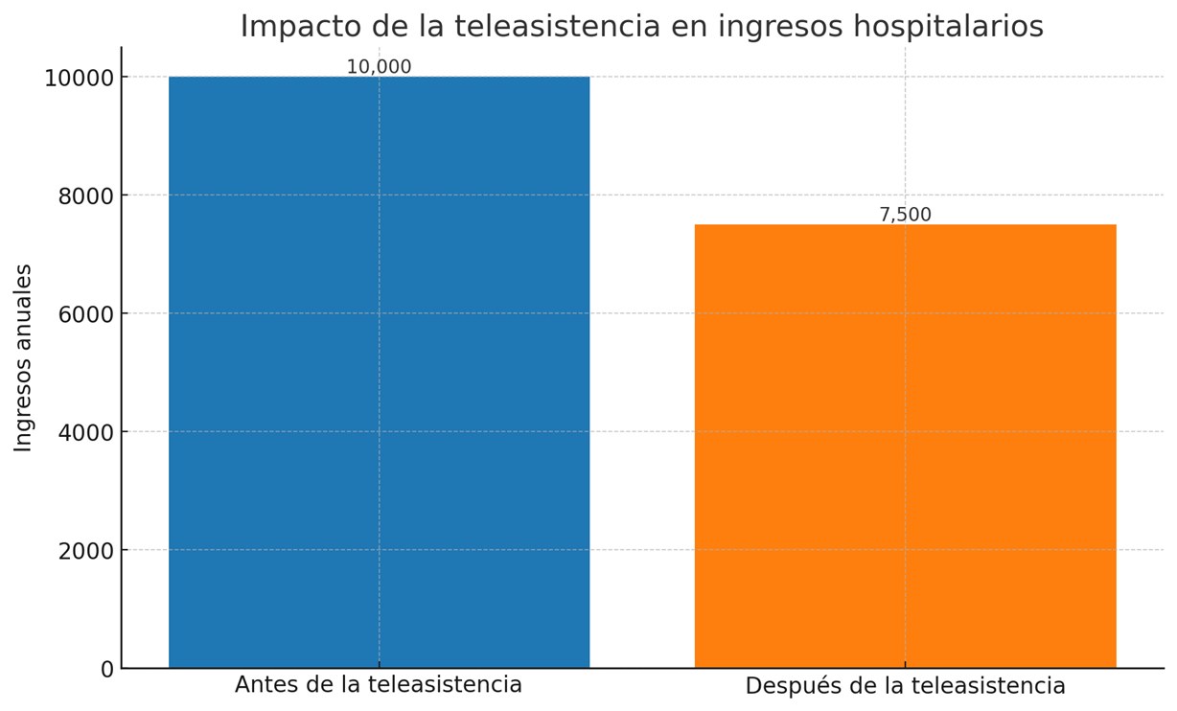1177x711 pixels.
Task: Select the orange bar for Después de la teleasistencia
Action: coord(905,446)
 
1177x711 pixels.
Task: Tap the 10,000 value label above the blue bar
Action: coord(379,67)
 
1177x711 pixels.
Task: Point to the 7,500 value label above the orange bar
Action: coord(905,215)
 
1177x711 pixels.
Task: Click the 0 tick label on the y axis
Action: coord(106,669)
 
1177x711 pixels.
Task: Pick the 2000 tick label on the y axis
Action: coord(86,550)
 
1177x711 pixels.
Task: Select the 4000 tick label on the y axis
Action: coord(86,432)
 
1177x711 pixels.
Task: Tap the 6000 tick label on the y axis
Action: coord(86,313)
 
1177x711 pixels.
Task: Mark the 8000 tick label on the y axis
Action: coord(86,195)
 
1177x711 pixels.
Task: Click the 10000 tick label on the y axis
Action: coord(80,78)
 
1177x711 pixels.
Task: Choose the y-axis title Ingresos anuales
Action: coord(24,357)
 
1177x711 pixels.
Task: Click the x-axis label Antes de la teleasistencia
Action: coord(379,685)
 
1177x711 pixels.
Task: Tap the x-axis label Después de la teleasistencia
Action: coord(905,686)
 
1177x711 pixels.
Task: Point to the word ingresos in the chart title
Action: coord(767,27)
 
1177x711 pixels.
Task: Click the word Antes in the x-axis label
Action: coord(264,685)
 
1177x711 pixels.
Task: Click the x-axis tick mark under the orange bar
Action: coord(905,672)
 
